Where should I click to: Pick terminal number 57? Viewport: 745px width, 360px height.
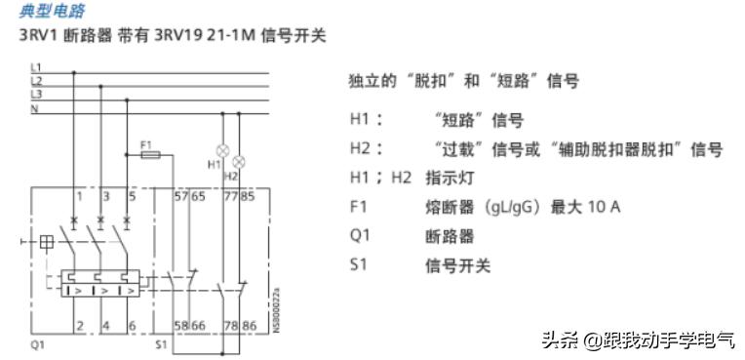(179, 197)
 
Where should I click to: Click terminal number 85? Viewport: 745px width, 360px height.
(248, 197)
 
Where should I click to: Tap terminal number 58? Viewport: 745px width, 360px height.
(179, 325)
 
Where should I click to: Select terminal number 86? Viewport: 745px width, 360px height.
(248, 325)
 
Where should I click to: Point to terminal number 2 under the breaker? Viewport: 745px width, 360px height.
(79, 325)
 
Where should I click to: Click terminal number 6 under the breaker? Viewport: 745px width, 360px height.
(132, 325)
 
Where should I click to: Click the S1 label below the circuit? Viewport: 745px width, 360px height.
(162, 344)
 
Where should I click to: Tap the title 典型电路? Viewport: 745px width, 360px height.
(53, 12)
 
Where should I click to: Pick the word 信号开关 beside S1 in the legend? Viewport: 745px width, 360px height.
(457, 265)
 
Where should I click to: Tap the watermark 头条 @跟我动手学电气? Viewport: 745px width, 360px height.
(639, 339)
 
